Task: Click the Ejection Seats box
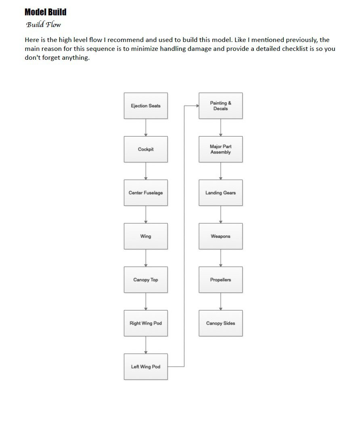tap(146, 105)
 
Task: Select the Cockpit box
tap(146, 149)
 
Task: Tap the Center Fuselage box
tap(146, 193)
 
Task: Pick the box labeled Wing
tap(146, 236)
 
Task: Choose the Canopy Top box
tap(146, 280)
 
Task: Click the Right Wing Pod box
tap(146, 323)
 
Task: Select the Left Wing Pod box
tap(146, 367)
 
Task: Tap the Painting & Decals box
tap(220, 105)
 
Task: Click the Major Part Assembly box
tap(220, 149)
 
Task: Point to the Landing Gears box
tap(220, 193)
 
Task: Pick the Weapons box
tap(220, 236)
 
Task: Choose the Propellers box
tap(220, 280)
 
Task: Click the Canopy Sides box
tap(220, 323)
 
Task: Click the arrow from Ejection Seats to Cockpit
tap(146, 128)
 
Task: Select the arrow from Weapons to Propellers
tap(220, 258)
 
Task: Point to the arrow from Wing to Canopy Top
tap(146, 258)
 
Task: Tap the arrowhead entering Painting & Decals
tap(197, 105)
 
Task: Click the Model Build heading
tap(46, 12)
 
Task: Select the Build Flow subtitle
tap(43, 25)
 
